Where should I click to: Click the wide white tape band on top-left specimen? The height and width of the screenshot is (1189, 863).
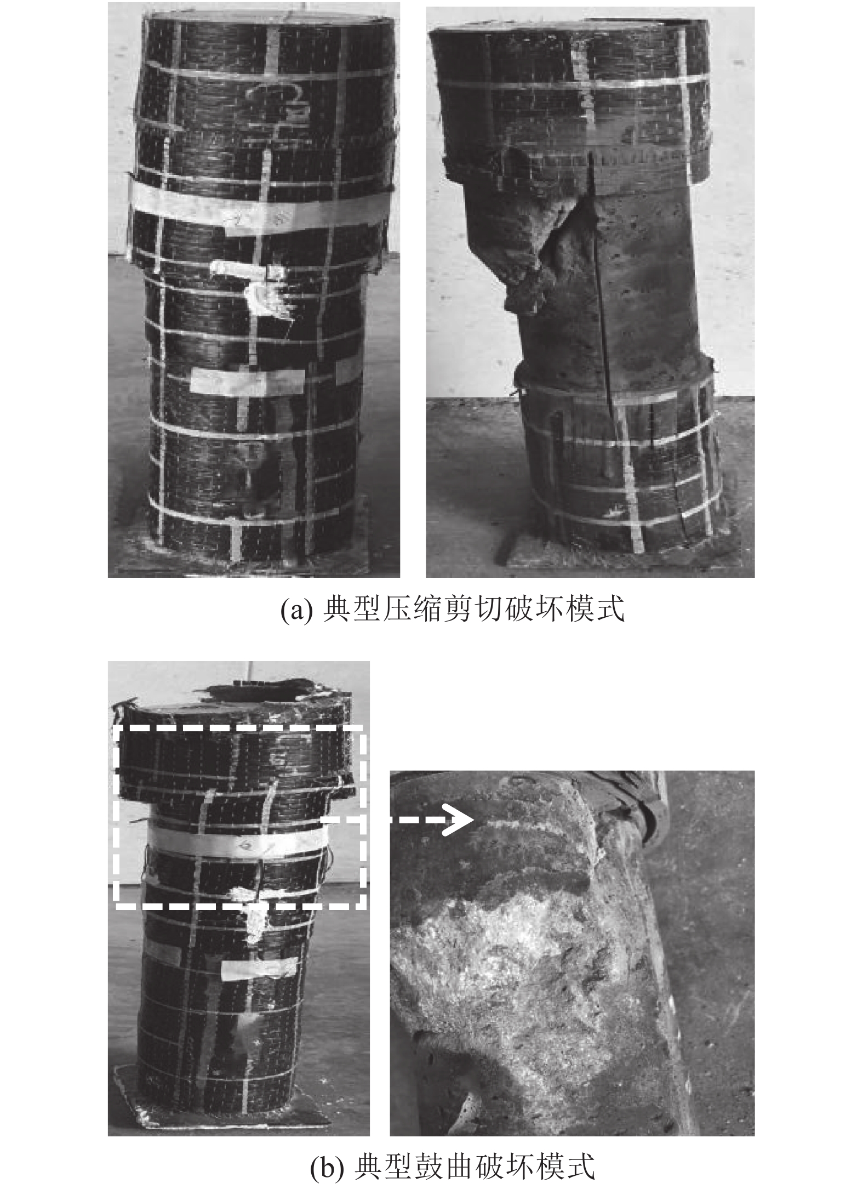[258, 210]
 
